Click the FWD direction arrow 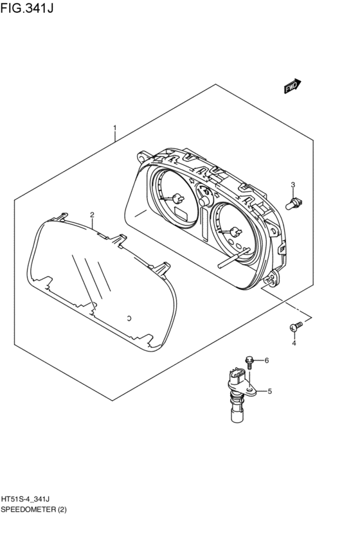tap(292, 87)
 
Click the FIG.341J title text tap(27, 8)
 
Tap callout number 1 tap(115, 129)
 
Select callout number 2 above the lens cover tap(92, 215)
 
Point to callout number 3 tap(293, 184)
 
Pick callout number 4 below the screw tap(294, 343)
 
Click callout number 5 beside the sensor tap(269, 391)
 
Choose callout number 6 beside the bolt tap(267, 361)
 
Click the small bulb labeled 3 tap(294, 203)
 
